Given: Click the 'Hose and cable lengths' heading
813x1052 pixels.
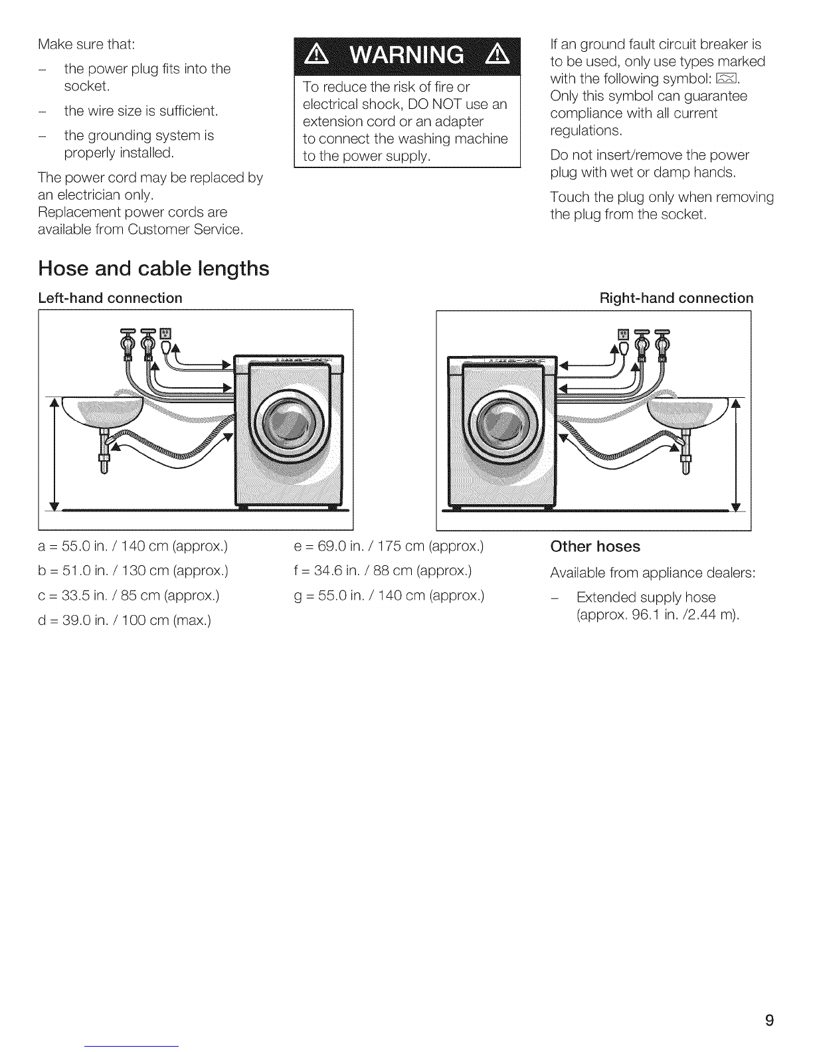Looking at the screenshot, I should (x=153, y=269).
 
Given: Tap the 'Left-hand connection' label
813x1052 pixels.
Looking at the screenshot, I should (x=110, y=298).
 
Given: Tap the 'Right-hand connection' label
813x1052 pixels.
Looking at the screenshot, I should (x=676, y=298).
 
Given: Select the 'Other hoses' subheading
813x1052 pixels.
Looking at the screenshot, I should (x=595, y=546).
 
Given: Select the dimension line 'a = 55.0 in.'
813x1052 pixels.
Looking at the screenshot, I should (x=133, y=547).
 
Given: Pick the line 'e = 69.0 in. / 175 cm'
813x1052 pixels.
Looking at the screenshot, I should (x=388, y=547).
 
